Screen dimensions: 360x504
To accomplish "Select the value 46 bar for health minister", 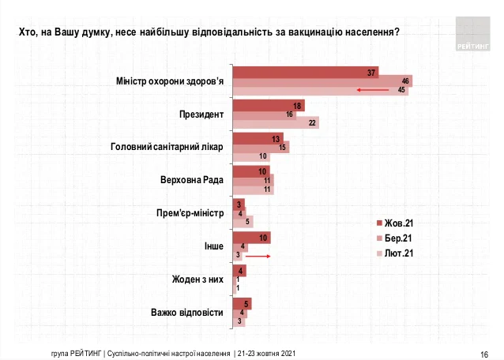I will (322, 81).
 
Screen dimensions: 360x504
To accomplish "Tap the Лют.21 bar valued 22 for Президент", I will (275, 122).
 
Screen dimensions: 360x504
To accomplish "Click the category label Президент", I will (201, 114).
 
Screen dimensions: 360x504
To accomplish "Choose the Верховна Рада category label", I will (192, 180).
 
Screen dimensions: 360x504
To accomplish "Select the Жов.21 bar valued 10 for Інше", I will (251, 238).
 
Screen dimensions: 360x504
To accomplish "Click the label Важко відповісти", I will (187, 313).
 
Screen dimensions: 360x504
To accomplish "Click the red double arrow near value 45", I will (374, 91).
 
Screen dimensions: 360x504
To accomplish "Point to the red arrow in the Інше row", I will (258, 256).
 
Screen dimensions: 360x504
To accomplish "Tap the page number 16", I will (484, 352).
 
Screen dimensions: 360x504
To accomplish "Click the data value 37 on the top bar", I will (371, 73).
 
